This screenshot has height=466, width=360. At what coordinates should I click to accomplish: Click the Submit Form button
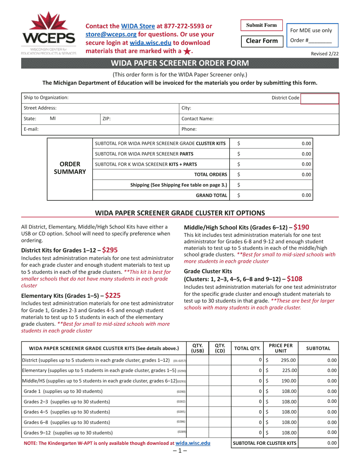(x=261, y=25)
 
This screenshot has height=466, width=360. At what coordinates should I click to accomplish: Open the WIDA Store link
(x=138, y=26)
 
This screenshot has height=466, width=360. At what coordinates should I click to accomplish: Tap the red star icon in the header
(x=187, y=51)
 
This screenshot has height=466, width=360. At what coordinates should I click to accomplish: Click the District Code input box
(x=319, y=98)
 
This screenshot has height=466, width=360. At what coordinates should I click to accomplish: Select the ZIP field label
(x=106, y=119)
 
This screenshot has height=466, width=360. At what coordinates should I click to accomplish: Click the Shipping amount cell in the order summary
(x=271, y=185)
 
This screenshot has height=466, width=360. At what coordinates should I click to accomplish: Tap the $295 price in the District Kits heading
(x=110, y=250)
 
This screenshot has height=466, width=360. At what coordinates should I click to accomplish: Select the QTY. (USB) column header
(x=197, y=348)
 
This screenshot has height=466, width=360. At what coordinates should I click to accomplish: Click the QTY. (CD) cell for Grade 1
(x=220, y=391)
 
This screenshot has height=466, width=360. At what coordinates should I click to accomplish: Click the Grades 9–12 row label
(x=68, y=433)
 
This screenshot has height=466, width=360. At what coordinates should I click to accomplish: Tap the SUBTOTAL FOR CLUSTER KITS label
(x=265, y=443)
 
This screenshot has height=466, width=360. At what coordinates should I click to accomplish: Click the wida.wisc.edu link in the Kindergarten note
(x=193, y=443)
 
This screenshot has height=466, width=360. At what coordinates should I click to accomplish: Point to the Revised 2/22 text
(x=325, y=54)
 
